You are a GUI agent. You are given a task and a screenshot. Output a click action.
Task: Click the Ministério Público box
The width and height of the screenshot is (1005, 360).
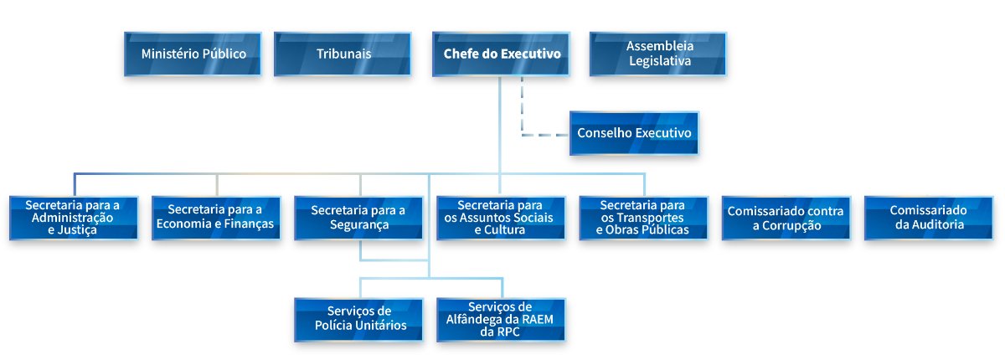(x=193, y=54)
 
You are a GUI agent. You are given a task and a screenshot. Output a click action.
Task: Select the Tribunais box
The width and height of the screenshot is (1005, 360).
(x=343, y=54)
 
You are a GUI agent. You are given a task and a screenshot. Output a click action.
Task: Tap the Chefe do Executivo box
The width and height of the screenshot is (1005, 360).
(x=501, y=54)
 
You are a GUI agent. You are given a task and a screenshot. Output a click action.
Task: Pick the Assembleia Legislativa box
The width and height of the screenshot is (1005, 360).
(x=658, y=54)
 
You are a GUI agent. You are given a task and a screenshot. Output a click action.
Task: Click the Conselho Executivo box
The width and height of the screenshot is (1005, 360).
(x=635, y=133)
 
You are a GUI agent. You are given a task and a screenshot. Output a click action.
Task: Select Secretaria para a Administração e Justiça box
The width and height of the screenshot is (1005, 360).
(x=74, y=218)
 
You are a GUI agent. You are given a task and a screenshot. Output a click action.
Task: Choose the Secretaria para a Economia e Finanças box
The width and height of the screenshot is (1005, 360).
(x=216, y=218)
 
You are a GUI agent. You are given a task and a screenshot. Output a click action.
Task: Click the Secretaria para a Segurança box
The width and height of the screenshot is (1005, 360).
(x=359, y=218)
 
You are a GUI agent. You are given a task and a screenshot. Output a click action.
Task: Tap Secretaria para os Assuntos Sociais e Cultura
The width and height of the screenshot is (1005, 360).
(x=501, y=218)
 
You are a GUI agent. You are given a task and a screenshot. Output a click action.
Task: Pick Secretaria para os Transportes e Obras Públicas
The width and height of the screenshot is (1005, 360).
(x=644, y=218)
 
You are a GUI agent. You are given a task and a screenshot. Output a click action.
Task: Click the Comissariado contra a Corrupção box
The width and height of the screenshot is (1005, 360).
(x=786, y=218)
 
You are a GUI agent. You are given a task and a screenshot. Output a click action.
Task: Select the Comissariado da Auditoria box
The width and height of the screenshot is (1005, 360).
(x=929, y=218)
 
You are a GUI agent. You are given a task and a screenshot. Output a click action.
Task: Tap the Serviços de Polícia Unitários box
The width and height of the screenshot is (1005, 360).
(x=359, y=320)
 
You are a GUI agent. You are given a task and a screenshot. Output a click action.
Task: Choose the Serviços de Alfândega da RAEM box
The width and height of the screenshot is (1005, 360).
(x=501, y=320)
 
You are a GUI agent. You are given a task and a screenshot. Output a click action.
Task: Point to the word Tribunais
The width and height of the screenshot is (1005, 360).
(x=343, y=54)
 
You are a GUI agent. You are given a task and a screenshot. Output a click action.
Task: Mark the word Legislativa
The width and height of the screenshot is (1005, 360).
(x=660, y=61)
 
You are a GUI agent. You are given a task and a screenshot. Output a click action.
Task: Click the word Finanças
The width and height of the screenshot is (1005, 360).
(x=249, y=224)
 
